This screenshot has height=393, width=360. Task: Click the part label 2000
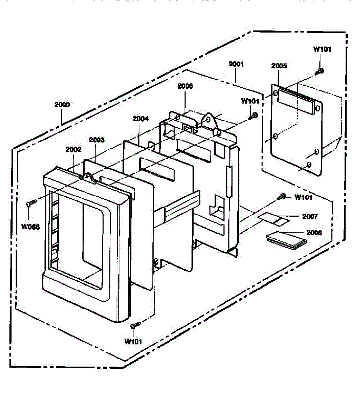(62, 105)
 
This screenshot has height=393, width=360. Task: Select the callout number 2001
(236, 64)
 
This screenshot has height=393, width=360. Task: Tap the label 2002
(73, 149)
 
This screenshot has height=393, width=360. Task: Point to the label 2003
(97, 140)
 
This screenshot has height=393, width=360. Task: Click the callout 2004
(140, 119)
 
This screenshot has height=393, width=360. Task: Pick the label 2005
(279, 66)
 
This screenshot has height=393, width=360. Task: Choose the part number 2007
(310, 216)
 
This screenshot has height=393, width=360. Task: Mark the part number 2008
(314, 233)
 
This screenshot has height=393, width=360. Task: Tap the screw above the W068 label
(30, 204)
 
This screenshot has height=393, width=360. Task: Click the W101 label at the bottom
(133, 341)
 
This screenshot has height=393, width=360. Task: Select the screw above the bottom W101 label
(134, 325)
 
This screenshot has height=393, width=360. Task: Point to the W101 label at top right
(322, 49)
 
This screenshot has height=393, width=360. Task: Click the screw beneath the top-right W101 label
(320, 71)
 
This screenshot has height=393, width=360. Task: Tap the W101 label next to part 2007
(303, 197)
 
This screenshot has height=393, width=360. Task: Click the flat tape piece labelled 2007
(274, 218)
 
